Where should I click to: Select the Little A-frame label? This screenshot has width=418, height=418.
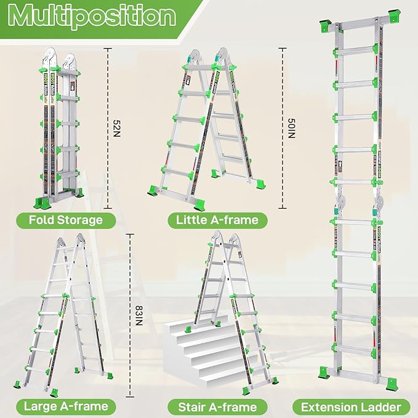[212, 219]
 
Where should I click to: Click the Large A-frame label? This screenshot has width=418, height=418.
[65, 406]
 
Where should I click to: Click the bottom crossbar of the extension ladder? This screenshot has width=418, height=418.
[355, 372]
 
